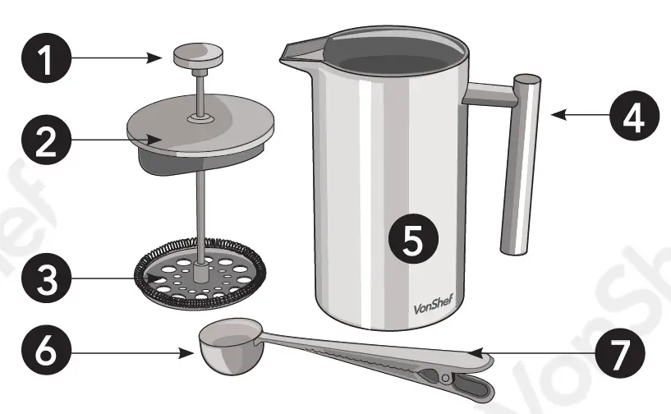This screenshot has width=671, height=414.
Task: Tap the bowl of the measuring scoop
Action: click(x=223, y=343)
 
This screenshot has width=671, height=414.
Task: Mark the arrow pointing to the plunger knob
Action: click(x=123, y=57)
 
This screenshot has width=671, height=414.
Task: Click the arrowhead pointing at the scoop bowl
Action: click(x=187, y=354)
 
